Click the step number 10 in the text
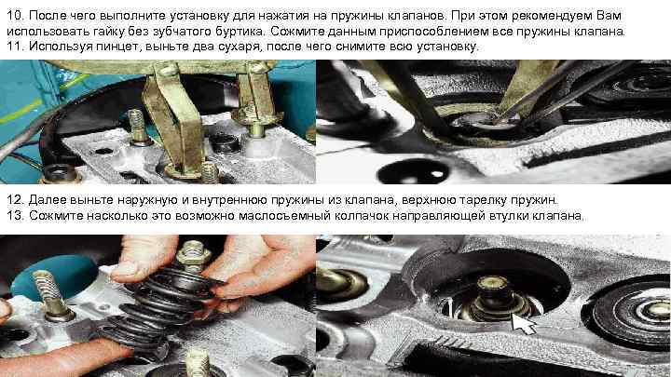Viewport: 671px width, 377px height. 14,16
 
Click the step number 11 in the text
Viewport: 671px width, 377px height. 14,47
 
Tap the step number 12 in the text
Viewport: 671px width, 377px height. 14,200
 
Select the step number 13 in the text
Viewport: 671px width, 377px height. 14,215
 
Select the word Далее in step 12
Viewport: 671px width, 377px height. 47,200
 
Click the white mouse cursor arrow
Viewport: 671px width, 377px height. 523,324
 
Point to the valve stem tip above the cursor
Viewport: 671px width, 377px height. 493,284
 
